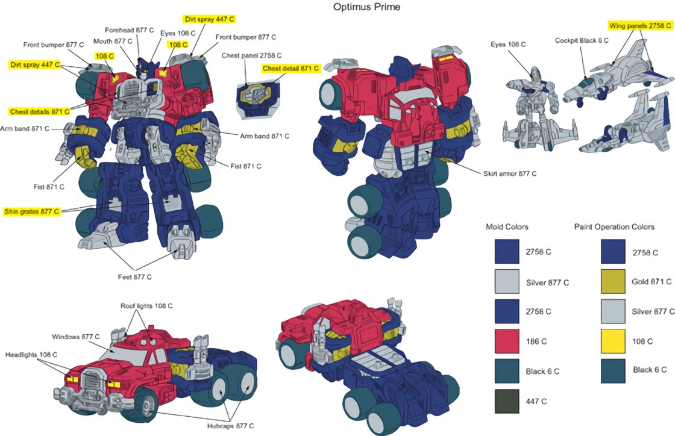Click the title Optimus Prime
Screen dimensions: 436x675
click(366, 7)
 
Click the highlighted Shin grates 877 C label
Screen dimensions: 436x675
click(33, 211)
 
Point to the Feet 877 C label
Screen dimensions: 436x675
click(134, 277)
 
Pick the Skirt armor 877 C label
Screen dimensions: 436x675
click(510, 173)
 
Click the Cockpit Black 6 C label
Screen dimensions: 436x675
click(582, 40)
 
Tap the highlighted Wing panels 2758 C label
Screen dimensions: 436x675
click(638, 26)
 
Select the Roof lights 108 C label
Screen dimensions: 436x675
click(146, 306)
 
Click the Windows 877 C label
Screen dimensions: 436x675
click(76, 336)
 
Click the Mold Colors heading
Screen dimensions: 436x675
click(507, 227)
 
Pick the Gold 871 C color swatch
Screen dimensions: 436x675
click(613, 281)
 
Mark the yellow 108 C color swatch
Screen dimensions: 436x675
click(613, 341)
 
